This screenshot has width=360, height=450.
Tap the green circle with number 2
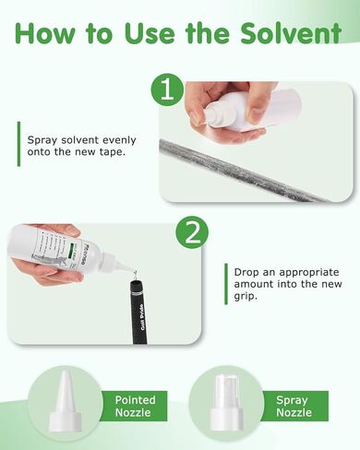(192, 234)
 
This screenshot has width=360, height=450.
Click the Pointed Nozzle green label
(136, 407)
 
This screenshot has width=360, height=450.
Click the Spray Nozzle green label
(293, 407)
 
